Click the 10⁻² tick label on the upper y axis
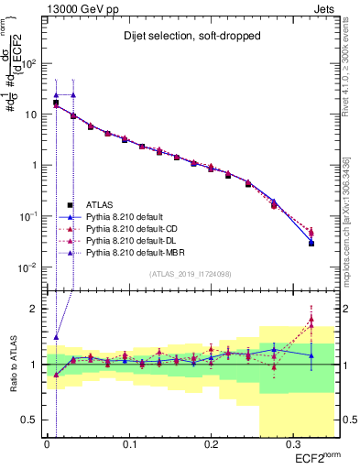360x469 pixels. coord(27,267)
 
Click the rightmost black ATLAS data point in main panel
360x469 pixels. coord(311,244)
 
